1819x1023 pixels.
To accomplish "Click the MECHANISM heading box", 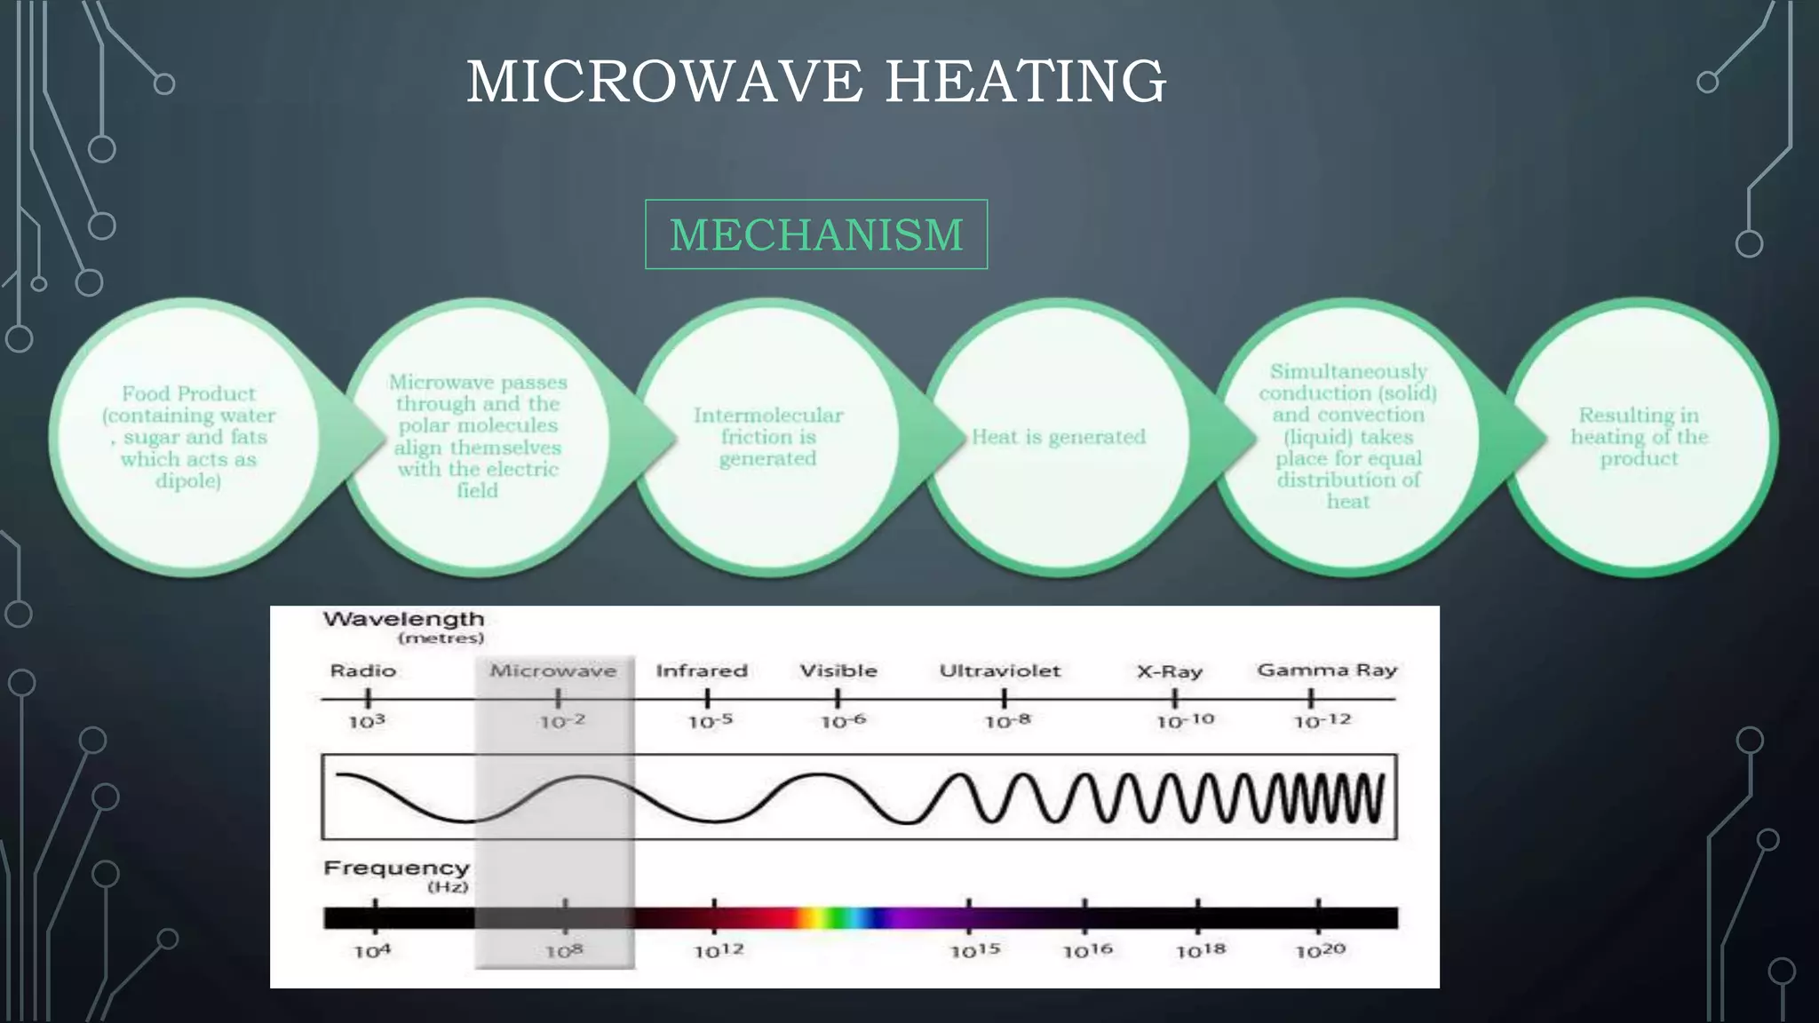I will point(815,234).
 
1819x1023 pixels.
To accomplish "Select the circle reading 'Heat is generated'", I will point(1058,437).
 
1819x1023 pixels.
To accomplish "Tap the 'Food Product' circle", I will point(188,437).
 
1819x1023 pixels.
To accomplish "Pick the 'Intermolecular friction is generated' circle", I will point(767,437).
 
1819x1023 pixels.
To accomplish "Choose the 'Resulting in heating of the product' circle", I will point(1639,437).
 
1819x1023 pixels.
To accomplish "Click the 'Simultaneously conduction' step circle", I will point(1347,437).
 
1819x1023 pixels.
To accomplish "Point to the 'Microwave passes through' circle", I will point(478,437).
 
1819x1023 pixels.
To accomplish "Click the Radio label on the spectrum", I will point(362,671).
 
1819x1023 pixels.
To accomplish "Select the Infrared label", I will point(702,671).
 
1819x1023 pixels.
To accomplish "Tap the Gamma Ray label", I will point(1327,670).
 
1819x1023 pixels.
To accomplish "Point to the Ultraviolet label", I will point(1000,671).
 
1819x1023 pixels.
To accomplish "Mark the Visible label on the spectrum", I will point(838,671).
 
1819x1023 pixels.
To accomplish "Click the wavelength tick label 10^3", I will point(367,722).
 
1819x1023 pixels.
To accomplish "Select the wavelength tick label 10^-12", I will point(1322,721).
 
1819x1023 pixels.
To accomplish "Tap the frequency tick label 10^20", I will point(1321,951).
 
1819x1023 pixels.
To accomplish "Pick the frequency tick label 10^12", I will point(719,951).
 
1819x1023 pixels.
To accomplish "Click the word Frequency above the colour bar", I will point(396,868).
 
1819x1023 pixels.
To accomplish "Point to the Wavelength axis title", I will point(403,619).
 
